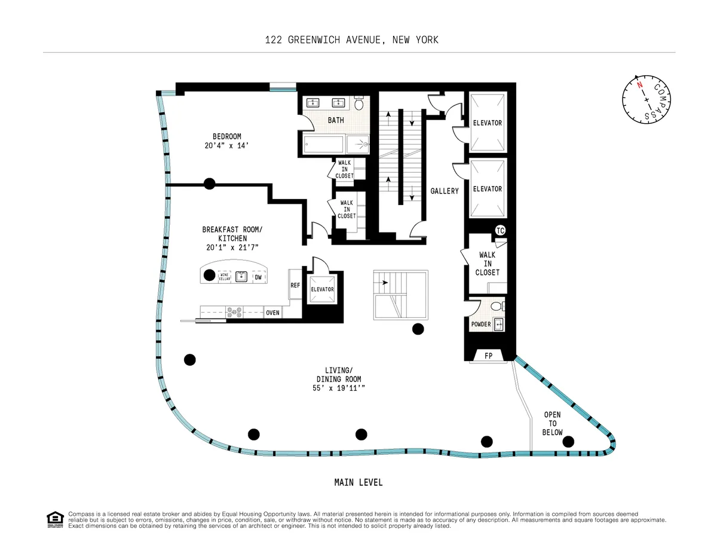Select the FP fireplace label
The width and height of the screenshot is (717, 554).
point(488,356)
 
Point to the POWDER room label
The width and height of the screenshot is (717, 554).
point(481,325)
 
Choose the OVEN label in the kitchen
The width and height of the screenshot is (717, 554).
point(272,313)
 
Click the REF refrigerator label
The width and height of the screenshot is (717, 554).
point(295,286)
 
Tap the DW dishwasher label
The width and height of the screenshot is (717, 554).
point(258,277)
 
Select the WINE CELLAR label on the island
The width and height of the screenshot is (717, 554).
point(225,276)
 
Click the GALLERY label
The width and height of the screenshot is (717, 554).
point(445,191)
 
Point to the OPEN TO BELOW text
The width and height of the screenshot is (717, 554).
point(552,423)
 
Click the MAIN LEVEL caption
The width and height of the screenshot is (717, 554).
point(358,482)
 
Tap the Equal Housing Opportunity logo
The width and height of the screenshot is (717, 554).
point(55,519)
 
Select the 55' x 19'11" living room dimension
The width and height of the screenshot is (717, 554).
point(339,388)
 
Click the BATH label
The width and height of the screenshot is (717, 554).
point(336,120)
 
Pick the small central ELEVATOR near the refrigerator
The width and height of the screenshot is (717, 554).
point(323,289)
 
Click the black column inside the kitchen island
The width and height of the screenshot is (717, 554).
point(209,276)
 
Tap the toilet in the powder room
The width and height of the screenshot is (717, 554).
point(495,307)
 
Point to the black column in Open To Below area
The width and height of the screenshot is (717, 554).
point(568,442)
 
